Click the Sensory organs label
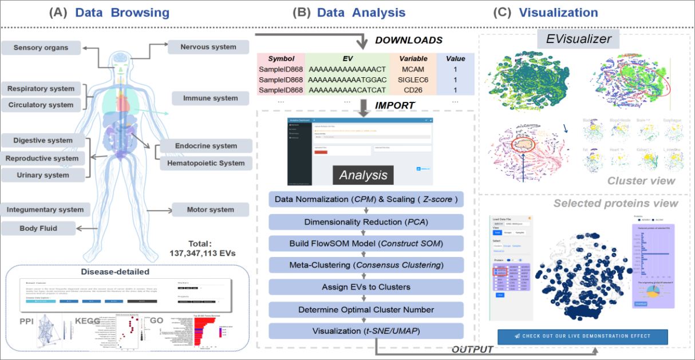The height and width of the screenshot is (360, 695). (x=41, y=48)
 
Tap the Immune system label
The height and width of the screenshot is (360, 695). (x=210, y=98)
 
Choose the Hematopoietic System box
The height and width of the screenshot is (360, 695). (x=206, y=163)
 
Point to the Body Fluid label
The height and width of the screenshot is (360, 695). (x=38, y=228)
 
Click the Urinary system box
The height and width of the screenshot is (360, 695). (x=43, y=175)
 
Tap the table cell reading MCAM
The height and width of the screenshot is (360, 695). (x=412, y=69)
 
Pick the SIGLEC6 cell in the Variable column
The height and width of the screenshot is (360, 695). (x=412, y=79)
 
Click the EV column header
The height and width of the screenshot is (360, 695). (x=347, y=58)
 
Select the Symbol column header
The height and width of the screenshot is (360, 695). (x=281, y=58)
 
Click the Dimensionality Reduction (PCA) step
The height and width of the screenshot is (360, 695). (x=366, y=222)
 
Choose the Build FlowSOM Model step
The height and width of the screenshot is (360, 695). (x=366, y=244)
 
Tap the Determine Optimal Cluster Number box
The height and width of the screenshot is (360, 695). (x=366, y=310)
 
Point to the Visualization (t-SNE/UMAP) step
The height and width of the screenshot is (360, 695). (x=366, y=331)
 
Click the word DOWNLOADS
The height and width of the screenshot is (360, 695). (x=409, y=41)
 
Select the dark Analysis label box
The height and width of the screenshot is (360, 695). (x=363, y=175)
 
